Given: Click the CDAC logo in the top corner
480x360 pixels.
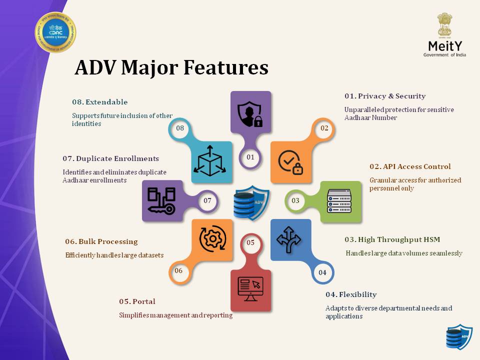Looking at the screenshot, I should [x=55, y=32].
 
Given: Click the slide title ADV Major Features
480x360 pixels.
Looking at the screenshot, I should [x=171, y=68].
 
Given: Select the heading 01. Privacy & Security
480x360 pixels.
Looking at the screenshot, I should [x=384, y=96].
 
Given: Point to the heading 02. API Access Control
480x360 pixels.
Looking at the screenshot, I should [x=410, y=166].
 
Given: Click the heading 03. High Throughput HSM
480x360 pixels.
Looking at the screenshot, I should [x=393, y=239].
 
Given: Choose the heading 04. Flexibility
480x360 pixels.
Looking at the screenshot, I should [x=351, y=294].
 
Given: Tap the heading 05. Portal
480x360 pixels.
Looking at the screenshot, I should [x=137, y=301].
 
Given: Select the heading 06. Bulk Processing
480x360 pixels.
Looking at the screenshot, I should [x=101, y=241].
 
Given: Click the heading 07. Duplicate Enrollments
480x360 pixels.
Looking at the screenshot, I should [x=110, y=158].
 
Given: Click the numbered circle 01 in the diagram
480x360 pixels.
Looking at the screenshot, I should [x=250, y=157].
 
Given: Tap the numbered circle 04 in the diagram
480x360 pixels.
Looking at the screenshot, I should [x=322, y=272].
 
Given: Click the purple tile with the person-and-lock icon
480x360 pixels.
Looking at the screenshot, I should [x=250, y=112].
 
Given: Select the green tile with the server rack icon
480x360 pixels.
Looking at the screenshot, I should [x=340, y=201].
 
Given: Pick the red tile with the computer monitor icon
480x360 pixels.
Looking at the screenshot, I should [x=250, y=290].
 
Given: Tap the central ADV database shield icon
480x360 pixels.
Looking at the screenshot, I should [x=251, y=201].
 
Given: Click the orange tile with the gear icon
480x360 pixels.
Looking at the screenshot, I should [x=212, y=239].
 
